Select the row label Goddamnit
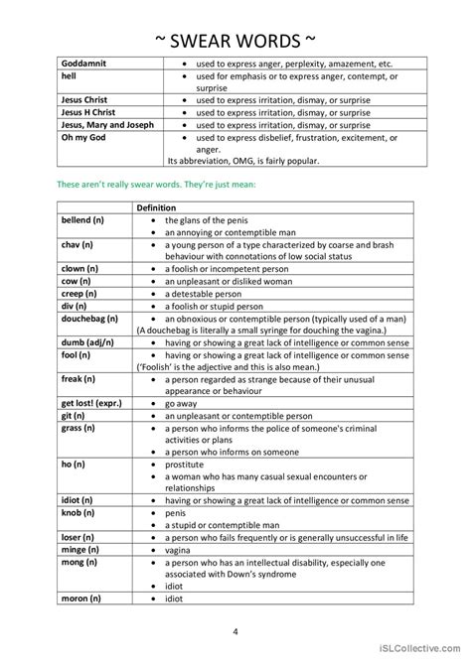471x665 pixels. [x=84, y=62]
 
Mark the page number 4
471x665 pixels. [x=235, y=631]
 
